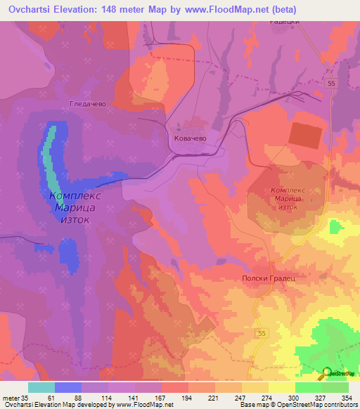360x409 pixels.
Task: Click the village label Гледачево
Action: tap(87, 103)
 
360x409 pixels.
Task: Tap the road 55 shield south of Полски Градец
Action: tap(262, 332)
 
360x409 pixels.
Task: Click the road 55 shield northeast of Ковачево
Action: tap(331, 84)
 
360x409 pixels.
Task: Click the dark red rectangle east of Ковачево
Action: tap(304, 134)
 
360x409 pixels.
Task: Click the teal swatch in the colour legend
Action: tap(41, 387)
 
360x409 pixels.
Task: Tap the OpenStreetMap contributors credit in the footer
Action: tap(309, 405)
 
